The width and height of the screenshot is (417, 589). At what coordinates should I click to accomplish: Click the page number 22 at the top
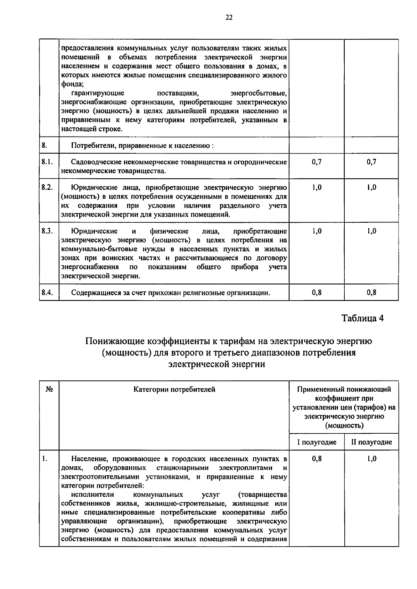point(229,18)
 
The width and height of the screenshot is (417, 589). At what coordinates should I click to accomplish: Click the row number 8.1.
point(47,162)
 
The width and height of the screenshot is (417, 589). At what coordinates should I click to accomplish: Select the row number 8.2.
point(47,187)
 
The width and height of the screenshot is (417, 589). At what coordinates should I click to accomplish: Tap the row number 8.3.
point(47,231)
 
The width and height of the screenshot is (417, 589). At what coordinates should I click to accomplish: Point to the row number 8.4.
point(47,292)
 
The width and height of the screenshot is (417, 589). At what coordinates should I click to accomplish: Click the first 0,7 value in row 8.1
point(317,162)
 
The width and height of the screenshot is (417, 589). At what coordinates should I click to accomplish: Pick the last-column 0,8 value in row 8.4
point(371,292)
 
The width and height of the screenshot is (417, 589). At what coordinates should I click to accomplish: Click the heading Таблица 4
point(362,318)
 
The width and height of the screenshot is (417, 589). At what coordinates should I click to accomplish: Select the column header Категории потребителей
point(174,389)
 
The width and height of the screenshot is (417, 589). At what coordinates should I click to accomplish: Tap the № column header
point(49,389)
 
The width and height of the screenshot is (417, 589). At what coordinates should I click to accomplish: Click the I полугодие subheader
point(317,442)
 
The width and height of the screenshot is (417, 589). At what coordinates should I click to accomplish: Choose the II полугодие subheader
point(371,442)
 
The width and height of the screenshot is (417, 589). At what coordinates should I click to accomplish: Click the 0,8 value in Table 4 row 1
point(317,459)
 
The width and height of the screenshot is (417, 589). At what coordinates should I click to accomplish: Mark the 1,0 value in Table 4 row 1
point(371,459)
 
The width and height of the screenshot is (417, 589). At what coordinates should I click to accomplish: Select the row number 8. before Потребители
point(44,145)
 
